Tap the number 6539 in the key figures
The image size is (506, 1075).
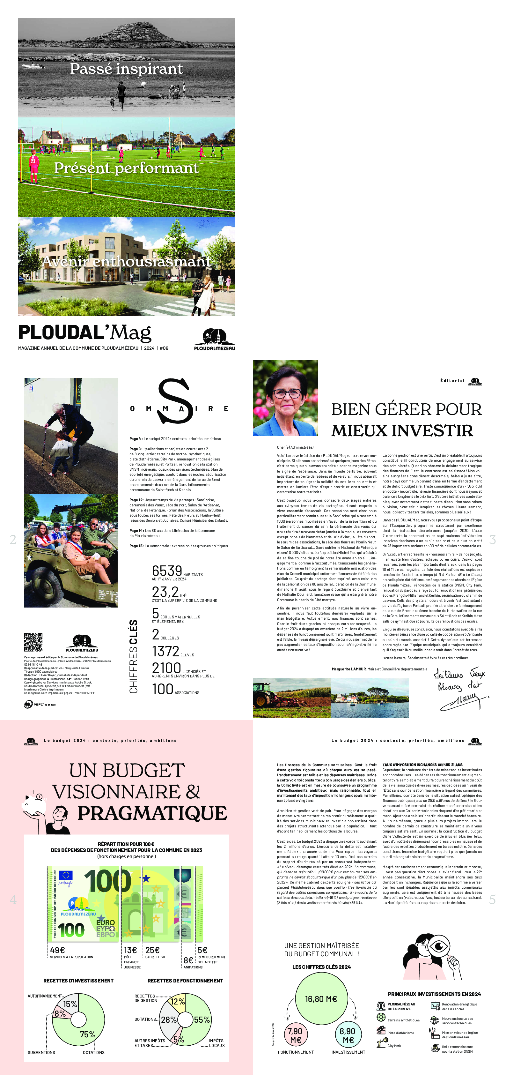167,571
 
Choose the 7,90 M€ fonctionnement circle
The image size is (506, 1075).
296,1034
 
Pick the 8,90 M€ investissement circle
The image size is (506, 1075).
348,1034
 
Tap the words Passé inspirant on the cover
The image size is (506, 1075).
126,68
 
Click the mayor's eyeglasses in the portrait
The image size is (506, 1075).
287,393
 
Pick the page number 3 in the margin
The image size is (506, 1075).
492,540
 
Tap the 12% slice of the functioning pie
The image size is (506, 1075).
178,1002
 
